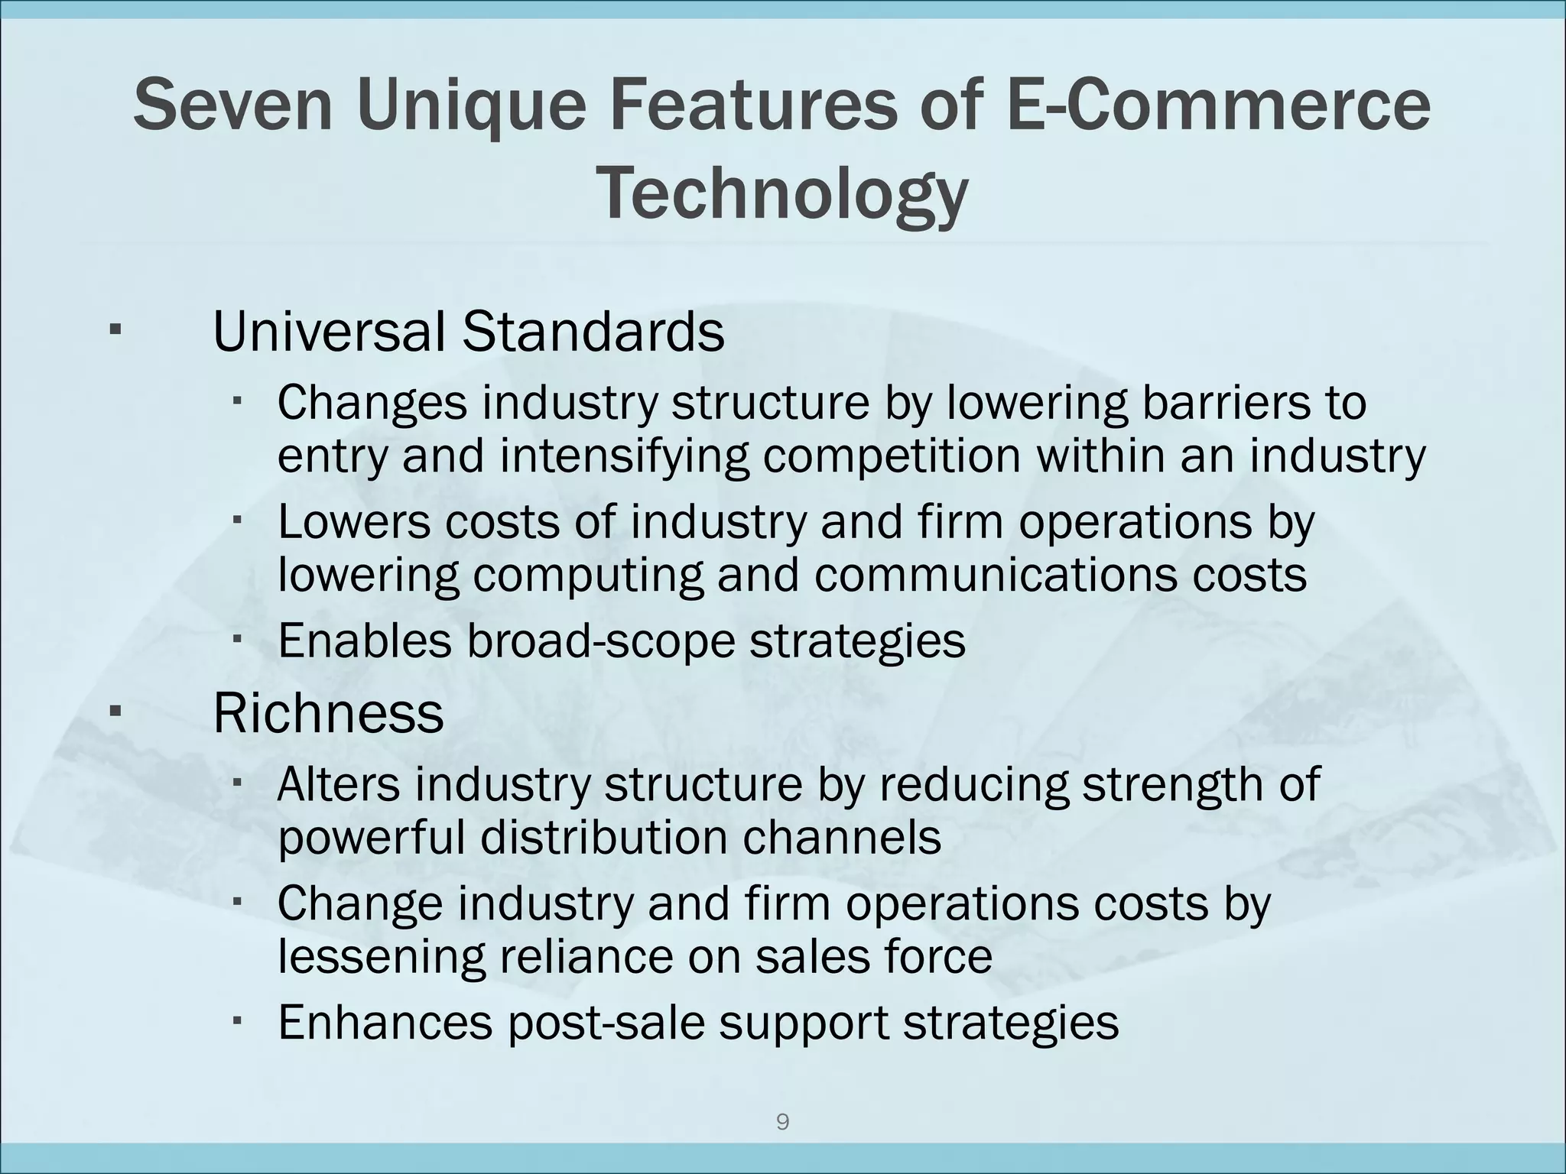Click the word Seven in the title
(233, 106)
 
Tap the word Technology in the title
(781, 194)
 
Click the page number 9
(782, 1122)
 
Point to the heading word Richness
(328, 714)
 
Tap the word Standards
(593, 332)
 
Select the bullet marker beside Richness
(115, 712)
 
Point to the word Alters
(338, 784)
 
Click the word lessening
(381, 957)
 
